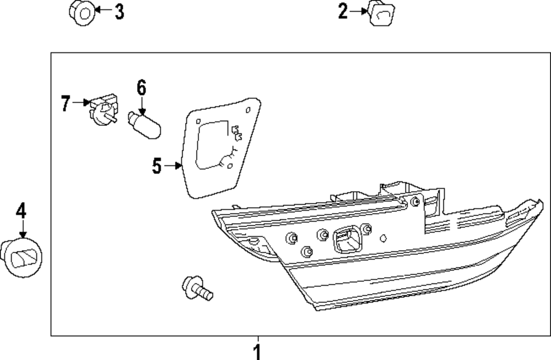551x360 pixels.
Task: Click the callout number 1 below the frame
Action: tap(257, 351)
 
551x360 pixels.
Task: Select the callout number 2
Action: tap(343, 10)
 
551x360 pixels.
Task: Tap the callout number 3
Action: tap(119, 11)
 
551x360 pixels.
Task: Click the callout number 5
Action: tap(157, 165)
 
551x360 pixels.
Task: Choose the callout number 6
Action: tap(141, 88)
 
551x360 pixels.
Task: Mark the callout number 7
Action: tap(66, 103)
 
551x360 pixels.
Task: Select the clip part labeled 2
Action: tap(382, 13)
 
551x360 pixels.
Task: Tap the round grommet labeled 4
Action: tap(22, 256)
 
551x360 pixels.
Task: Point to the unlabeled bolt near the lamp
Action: tap(197, 288)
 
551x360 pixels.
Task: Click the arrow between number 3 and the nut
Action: tap(101, 10)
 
